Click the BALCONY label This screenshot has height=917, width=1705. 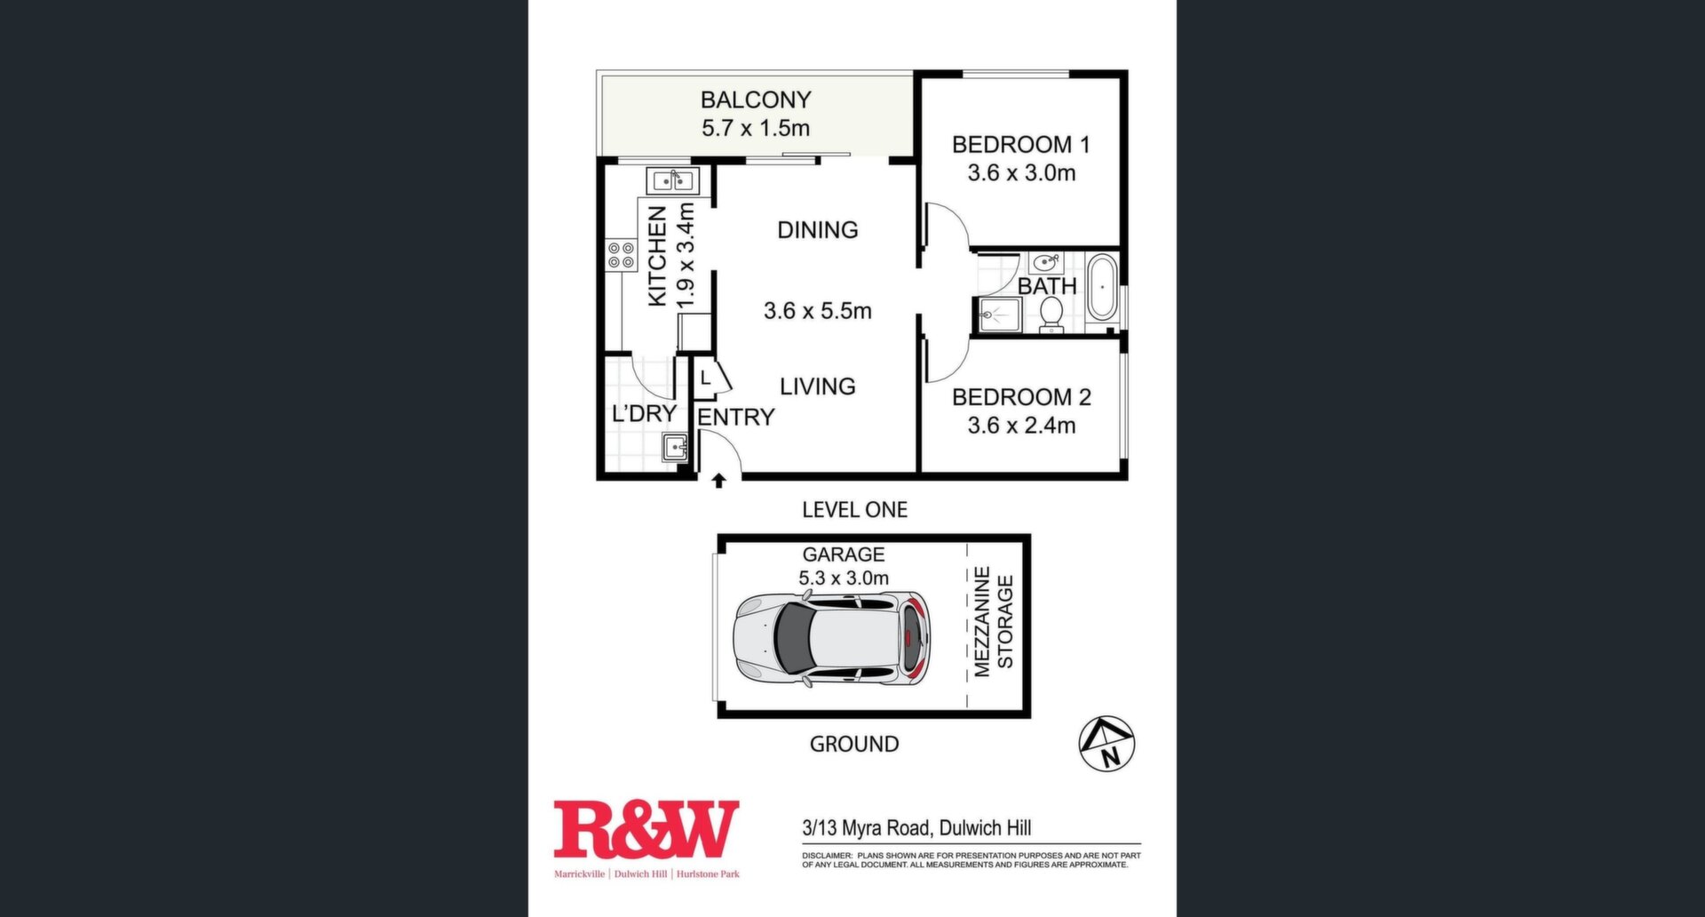pos(756,100)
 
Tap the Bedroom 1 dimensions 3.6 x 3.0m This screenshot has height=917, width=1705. pos(1021,172)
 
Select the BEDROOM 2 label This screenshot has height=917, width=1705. pos(1021,396)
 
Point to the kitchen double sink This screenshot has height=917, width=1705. pos(672,181)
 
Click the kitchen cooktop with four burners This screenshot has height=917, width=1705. pos(622,256)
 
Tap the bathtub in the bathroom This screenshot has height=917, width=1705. pos(1102,287)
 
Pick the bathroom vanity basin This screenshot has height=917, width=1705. pos(1046,262)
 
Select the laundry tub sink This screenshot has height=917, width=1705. pos(674,447)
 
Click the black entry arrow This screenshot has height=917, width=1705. pos(718,481)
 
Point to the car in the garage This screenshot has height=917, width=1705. pos(832,640)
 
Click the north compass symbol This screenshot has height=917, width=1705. pos(1106,743)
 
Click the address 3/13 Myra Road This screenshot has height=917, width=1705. pos(866,828)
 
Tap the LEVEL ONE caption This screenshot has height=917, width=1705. pos(854,510)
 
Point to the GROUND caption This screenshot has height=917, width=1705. pos(854,744)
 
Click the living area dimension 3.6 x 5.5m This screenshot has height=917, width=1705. pos(818,311)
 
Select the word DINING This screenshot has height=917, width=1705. pos(818,230)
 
